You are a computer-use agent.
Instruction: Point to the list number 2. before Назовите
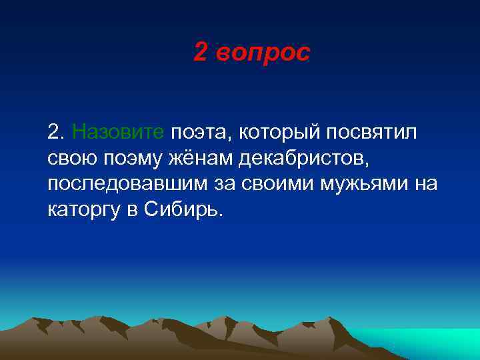tap(57, 132)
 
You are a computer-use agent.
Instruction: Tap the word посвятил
tap(371, 132)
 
